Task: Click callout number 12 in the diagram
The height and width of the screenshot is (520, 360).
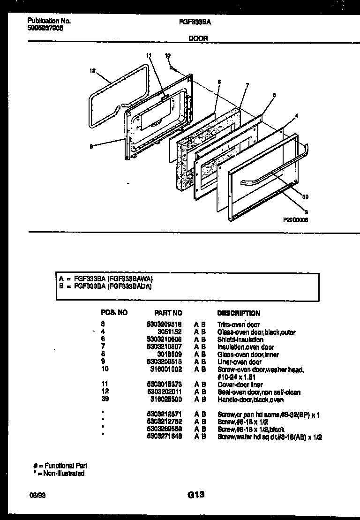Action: [x=92, y=71]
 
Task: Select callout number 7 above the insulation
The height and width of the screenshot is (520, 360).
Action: [x=247, y=85]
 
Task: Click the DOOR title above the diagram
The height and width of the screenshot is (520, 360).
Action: [x=198, y=39]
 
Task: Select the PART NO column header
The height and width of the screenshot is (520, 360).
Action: [x=168, y=313]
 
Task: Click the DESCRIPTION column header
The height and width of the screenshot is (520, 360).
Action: [x=239, y=313]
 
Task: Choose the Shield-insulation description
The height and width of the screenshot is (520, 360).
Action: [x=240, y=339]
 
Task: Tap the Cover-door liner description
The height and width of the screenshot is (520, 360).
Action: [x=240, y=384]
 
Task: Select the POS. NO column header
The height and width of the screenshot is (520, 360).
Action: [x=114, y=313]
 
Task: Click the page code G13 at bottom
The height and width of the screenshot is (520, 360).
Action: [x=196, y=494]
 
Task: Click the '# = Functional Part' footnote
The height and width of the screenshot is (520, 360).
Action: [x=60, y=466]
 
